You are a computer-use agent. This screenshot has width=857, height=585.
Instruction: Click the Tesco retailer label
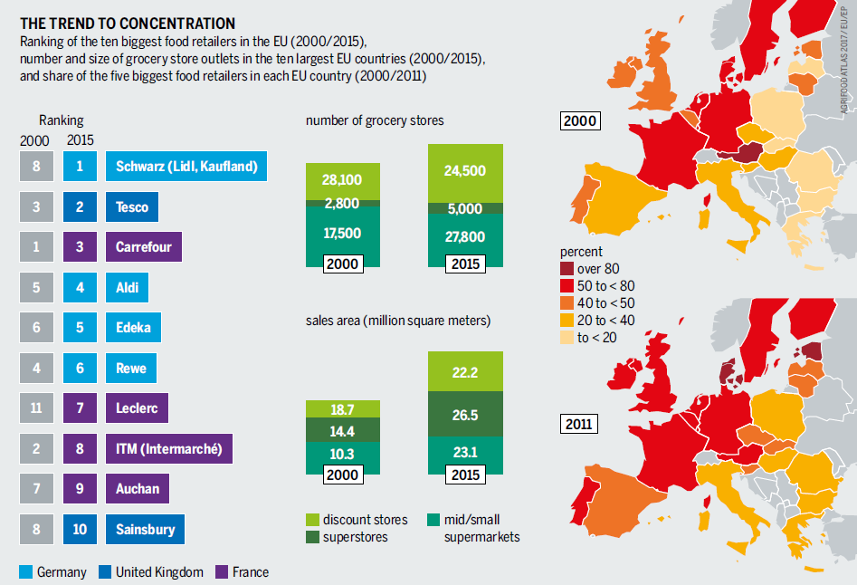tap(132, 206)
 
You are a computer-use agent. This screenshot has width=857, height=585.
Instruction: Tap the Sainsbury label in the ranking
tap(145, 529)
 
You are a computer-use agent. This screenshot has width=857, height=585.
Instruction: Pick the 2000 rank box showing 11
tap(36, 408)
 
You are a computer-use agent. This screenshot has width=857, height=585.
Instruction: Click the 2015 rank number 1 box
tap(81, 166)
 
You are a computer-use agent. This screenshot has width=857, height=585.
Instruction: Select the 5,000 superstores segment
tap(465, 208)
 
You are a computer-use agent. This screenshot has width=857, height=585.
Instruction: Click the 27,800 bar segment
tap(465, 237)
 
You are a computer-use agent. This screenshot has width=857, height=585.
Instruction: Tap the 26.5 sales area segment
tap(465, 416)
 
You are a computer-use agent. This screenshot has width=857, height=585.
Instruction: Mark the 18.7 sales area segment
tap(341, 409)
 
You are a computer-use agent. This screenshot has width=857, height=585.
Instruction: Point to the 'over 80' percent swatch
tap(567, 268)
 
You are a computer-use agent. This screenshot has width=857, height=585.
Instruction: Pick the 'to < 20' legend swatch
tap(567, 338)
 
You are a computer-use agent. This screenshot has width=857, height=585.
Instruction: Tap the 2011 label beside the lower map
tap(579, 423)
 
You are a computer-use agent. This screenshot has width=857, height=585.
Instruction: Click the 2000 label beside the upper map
tap(580, 120)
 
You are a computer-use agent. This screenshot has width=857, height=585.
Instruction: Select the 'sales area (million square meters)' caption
tap(397, 321)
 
